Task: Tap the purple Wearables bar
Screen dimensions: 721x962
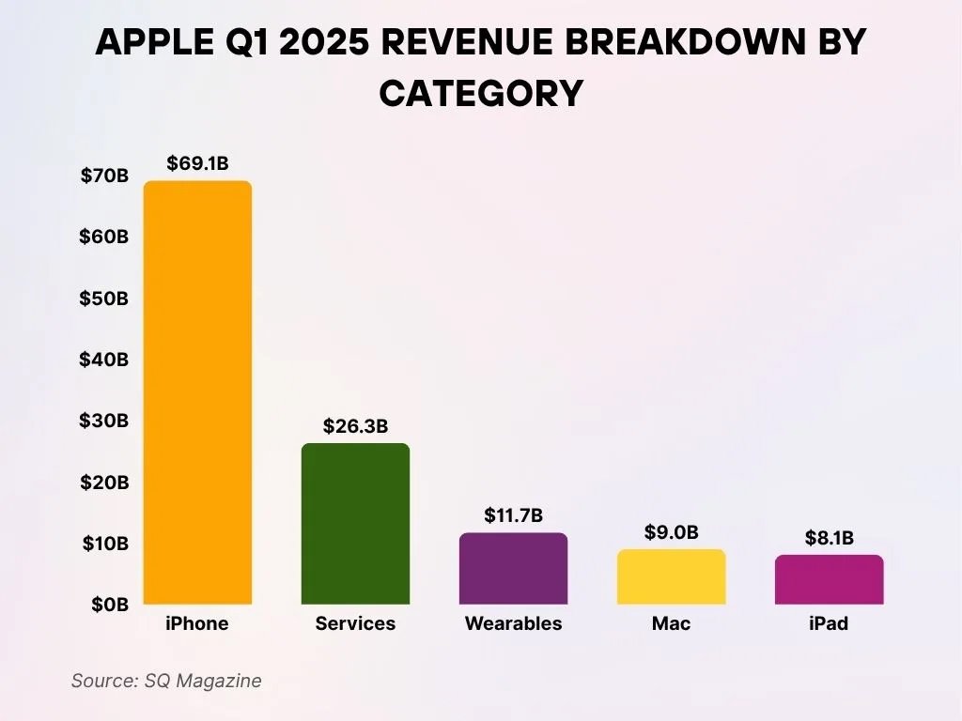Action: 513,568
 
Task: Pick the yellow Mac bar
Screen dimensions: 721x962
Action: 671,576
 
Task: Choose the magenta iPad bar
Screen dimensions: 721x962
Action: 829,579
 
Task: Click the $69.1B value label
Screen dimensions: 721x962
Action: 197,163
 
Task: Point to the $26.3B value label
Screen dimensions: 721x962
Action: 355,426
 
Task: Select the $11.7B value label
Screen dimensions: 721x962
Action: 513,515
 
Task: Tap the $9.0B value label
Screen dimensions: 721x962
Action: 671,532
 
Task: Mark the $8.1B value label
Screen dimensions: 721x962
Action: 829,538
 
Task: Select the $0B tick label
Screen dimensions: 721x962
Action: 109,605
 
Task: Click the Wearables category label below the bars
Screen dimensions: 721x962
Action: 513,623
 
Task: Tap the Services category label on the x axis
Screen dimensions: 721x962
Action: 355,623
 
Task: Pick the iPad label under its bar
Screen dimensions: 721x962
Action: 829,623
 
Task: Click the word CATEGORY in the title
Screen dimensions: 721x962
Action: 481,93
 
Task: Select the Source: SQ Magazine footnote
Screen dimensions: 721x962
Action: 166,681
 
